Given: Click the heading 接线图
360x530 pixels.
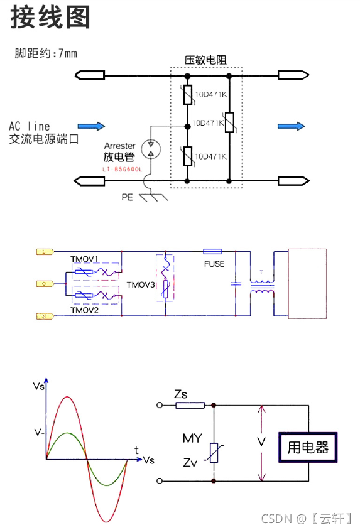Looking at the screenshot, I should pyautogui.click(x=50, y=18).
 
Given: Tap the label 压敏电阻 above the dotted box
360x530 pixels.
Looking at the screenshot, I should pyautogui.click(x=205, y=60).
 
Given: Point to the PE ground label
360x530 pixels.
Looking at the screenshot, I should pyautogui.click(x=128, y=197).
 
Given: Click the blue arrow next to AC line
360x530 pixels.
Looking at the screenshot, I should pyautogui.click(x=90, y=126).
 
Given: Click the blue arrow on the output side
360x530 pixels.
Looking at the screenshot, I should pyautogui.click(x=291, y=126).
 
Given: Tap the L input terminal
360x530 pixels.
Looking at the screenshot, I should pyautogui.click(x=45, y=251).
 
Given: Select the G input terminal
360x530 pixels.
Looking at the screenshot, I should pyautogui.click(x=45, y=283).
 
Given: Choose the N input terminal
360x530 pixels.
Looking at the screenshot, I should pyautogui.click(x=45, y=316).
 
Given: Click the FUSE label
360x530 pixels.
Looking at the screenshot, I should pyautogui.click(x=214, y=264).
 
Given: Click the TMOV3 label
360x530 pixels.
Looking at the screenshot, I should pyautogui.click(x=140, y=284).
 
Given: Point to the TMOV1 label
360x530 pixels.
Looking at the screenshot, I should pyautogui.click(x=84, y=259).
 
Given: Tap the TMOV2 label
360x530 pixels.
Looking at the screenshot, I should pyautogui.click(x=84, y=310).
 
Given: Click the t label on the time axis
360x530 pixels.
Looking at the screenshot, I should pyautogui.click(x=136, y=450).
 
